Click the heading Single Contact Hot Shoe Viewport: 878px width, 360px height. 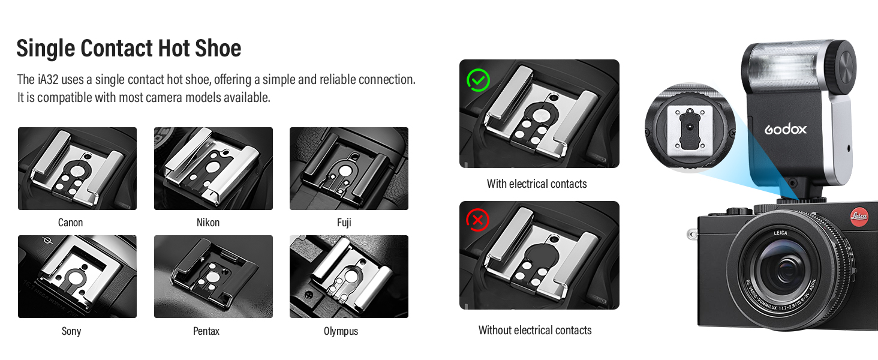[x=128, y=48]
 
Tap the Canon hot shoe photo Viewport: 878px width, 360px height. [x=77, y=169]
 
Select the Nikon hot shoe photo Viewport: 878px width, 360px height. [x=214, y=169]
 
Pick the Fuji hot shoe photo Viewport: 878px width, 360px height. [x=349, y=169]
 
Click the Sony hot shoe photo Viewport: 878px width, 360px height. [x=77, y=277]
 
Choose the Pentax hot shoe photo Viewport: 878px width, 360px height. [x=214, y=277]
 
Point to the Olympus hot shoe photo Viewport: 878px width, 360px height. [x=349, y=277]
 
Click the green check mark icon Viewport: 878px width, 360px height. [x=478, y=79]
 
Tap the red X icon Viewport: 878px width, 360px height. [x=478, y=221]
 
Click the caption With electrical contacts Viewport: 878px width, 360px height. [x=537, y=184]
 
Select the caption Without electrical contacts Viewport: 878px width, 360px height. [x=535, y=331]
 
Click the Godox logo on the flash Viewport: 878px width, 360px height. [x=785, y=129]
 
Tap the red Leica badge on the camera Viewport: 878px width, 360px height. [x=859, y=217]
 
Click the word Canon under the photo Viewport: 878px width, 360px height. [x=70, y=223]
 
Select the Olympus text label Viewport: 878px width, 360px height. [x=341, y=331]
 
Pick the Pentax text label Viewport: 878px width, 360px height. [x=206, y=331]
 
